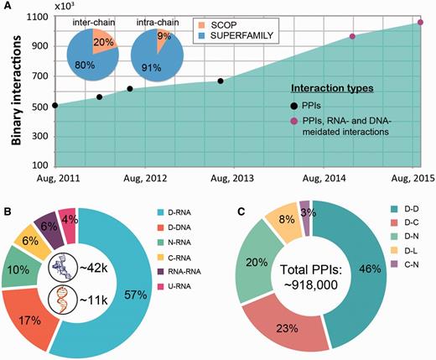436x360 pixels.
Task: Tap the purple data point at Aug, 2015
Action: coord(420,23)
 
